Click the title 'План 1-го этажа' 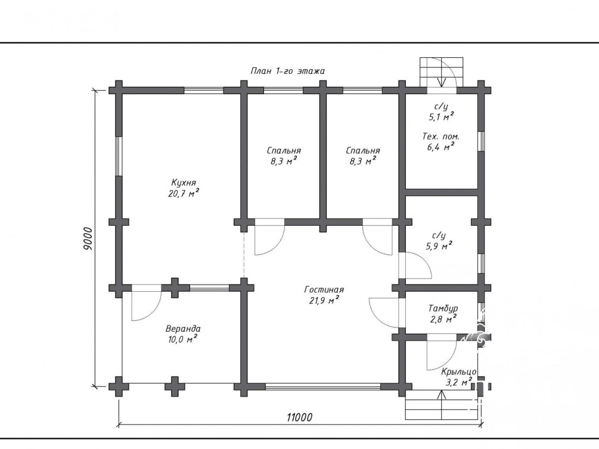[x=288, y=71]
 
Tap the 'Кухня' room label [x=184, y=182]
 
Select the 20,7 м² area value [x=184, y=193]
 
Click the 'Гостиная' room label [x=324, y=290]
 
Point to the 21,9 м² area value [x=324, y=301]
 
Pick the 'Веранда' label [x=183, y=329]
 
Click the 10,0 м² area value [x=182, y=339]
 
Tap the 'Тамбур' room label [x=443, y=308]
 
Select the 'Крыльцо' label [x=459, y=372]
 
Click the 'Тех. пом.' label [x=441, y=136]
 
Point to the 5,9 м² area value [x=439, y=247]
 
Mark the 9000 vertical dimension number [x=88, y=239]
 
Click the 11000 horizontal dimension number [x=299, y=417]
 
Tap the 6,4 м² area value [x=440, y=146]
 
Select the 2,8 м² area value [x=443, y=319]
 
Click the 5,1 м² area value [x=441, y=117]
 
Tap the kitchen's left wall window [x=119, y=156]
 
